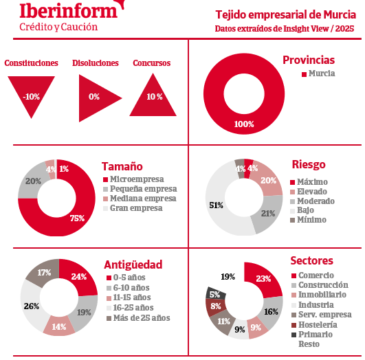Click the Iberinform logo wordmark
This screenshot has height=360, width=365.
tap(69, 10)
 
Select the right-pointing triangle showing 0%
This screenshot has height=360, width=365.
tap(98, 98)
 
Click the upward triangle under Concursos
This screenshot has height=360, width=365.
tap(153, 98)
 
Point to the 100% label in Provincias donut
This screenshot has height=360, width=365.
tap(244, 124)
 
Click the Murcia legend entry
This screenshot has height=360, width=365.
tap(318, 74)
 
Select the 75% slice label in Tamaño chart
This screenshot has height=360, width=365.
tap(77, 218)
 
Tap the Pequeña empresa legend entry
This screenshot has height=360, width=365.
tap(140, 189)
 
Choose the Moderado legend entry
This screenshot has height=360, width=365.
tap(312, 201)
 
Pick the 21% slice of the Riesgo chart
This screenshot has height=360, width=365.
tap(267, 213)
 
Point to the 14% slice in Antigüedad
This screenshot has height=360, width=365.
tap(59, 326)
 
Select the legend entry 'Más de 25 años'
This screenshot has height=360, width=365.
tap(138, 318)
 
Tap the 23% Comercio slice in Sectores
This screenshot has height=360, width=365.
tap(264, 279)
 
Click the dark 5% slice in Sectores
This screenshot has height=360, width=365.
tap(215, 293)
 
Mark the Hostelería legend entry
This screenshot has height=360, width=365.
tap(314, 325)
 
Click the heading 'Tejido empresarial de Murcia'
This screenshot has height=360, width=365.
tap(286, 14)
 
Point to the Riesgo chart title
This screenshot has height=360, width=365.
tap(309, 164)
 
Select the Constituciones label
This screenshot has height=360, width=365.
tap(31, 63)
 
